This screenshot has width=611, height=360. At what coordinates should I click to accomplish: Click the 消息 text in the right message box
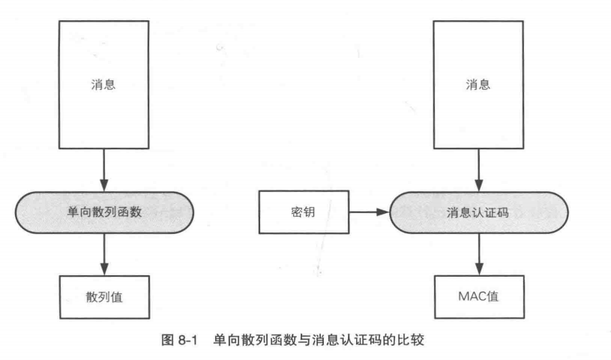(478, 85)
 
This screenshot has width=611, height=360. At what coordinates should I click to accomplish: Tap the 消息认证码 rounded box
(478, 211)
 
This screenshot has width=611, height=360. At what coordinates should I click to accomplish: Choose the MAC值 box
(478, 296)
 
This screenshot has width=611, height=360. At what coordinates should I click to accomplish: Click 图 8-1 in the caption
(181, 340)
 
